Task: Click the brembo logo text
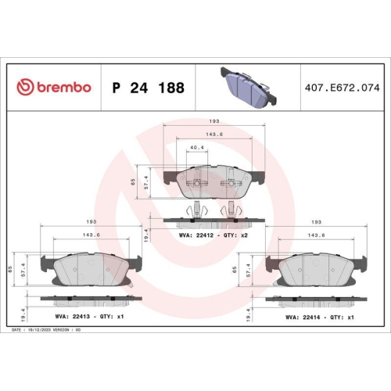click(54, 87)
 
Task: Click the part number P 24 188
click(149, 88)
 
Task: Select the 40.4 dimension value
click(198, 146)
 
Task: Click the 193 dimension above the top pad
click(213, 121)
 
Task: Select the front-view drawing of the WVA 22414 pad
click(314, 271)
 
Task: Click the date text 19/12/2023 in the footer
click(46, 331)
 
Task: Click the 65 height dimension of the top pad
click(134, 181)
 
